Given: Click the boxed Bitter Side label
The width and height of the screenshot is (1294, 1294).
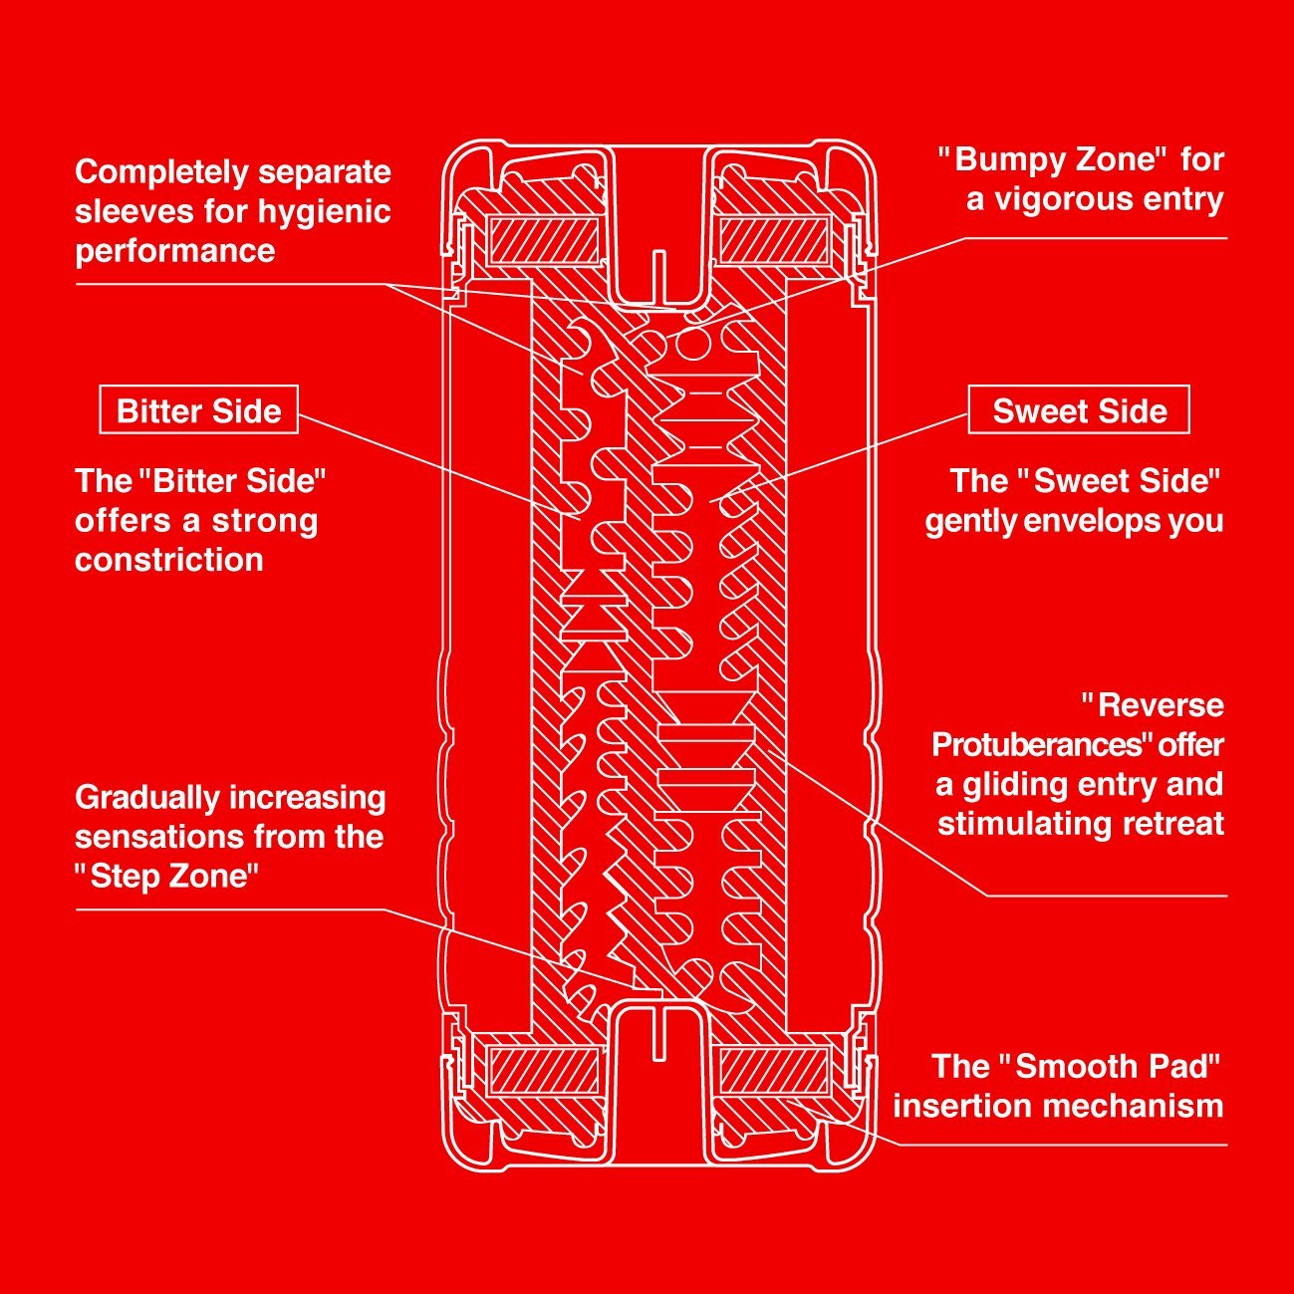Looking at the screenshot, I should point(198,410).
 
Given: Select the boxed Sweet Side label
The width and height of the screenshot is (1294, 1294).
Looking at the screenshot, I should point(1079,410).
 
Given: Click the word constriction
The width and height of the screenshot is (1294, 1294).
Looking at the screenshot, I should point(169,559).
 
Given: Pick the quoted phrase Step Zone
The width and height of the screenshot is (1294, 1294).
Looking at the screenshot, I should point(167,876).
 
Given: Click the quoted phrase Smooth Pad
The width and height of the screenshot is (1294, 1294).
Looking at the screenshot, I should point(1110,1066).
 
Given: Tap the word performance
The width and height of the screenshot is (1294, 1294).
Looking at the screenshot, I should point(175,250).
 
